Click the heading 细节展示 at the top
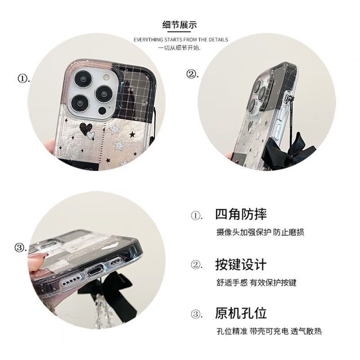pyautogui.click(x=180, y=25)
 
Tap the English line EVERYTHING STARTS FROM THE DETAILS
pyautogui.click(x=180, y=40)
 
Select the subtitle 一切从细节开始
pyautogui.click(x=180, y=48)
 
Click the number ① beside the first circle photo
pyautogui.click(x=23, y=79)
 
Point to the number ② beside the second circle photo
pyautogui.click(x=193, y=74)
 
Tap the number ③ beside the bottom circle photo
pyautogui.click(x=20, y=247)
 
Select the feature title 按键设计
pyautogui.click(x=241, y=264)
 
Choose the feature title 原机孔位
pyautogui.click(x=241, y=313)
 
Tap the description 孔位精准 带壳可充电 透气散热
pyautogui.click(x=269, y=332)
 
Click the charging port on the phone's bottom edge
pyautogui.click(x=96, y=273)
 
